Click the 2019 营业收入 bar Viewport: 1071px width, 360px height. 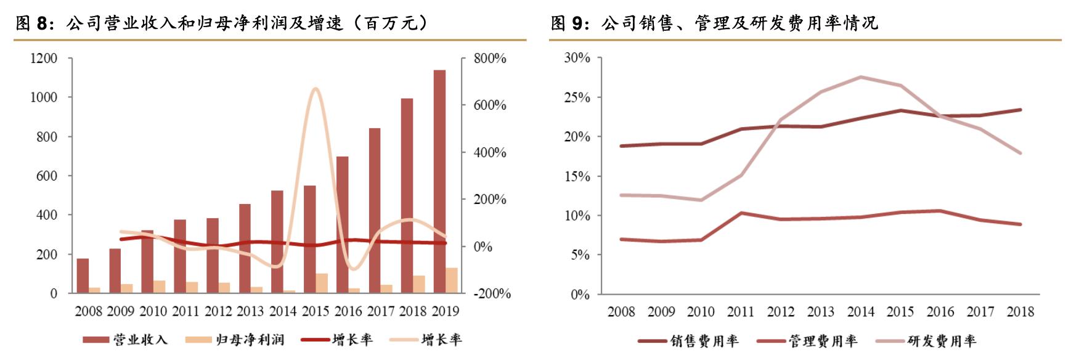pos(439,182)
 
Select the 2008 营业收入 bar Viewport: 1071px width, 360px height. pos(83,276)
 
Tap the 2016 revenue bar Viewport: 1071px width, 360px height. pos(342,225)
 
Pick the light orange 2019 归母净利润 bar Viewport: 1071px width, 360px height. pos(452,280)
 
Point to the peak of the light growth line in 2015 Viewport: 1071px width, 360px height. pos(315,89)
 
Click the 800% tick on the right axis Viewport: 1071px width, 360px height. pos(490,59)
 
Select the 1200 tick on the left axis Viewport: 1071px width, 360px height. pos(44,59)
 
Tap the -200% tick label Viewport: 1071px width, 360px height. pos(492,294)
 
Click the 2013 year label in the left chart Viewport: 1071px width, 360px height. pos(250,311)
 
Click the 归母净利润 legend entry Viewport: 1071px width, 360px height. pos(235,340)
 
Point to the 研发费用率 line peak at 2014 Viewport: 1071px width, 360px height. pos(860,77)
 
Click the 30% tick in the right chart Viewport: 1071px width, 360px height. pos(577,58)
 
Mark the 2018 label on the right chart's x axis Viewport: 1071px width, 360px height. pos(1020,312)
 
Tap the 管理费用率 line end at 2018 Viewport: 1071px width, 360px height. pos(1020,224)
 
